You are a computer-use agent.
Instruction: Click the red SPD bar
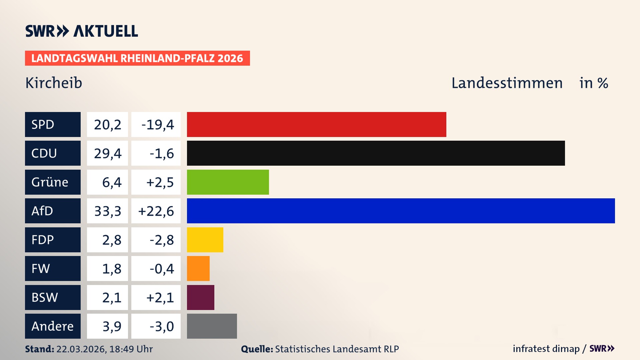tap(316, 124)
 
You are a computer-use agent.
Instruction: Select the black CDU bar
tap(376, 153)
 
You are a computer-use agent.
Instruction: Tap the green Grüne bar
tap(228, 182)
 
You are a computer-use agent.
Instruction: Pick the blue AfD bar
tap(401, 211)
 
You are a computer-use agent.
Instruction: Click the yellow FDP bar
tap(205, 240)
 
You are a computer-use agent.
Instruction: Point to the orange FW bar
tap(198, 268)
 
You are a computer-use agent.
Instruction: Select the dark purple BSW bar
tap(200, 297)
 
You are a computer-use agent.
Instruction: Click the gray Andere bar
tap(212, 326)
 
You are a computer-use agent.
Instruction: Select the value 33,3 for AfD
tap(107, 211)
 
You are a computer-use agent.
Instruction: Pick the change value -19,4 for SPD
tap(157, 125)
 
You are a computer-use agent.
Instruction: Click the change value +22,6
tap(156, 211)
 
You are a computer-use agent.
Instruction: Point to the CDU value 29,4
tap(107, 153)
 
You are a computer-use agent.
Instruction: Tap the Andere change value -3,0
tap(161, 326)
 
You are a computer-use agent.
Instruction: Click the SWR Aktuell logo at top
tap(81, 31)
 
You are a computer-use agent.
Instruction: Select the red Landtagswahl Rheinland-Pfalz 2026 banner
tap(137, 58)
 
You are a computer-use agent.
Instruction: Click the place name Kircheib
tap(54, 83)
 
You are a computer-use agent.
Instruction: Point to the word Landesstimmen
tap(507, 83)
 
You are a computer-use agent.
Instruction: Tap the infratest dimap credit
tap(546, 349)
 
